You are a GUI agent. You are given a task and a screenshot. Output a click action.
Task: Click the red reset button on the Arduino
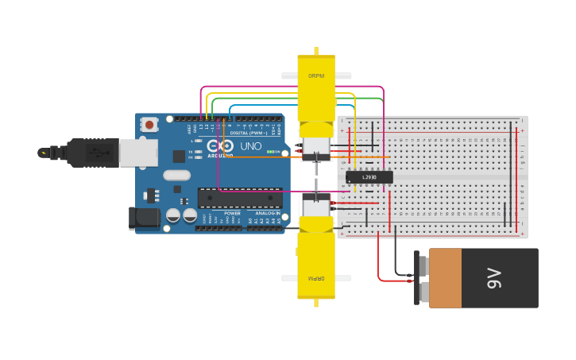point(149,124)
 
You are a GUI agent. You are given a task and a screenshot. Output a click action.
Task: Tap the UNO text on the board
point(251,146)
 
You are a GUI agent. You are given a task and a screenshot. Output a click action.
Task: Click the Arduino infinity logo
point(220,145)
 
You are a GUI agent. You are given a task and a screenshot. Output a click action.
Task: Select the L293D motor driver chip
point(369,177)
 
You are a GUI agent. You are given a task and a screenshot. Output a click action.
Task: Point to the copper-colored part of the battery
point(445,278)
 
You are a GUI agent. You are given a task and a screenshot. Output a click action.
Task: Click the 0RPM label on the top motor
point(316,76)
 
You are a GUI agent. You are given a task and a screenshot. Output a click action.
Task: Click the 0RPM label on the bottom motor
point(316,278)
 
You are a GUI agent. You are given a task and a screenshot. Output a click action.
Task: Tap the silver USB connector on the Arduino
point(137,153)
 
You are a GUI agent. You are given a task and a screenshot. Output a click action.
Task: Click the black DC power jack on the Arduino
point(143,219)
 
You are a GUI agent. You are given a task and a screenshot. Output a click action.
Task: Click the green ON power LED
point(270,152)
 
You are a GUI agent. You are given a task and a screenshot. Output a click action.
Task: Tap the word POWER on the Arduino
point(232,213)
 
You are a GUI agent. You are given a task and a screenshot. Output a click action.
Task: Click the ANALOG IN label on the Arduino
point(267,213)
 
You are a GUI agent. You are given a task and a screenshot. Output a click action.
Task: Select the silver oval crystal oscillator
point(177,175)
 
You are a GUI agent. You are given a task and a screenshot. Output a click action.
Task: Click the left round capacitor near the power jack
point(173,215)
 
